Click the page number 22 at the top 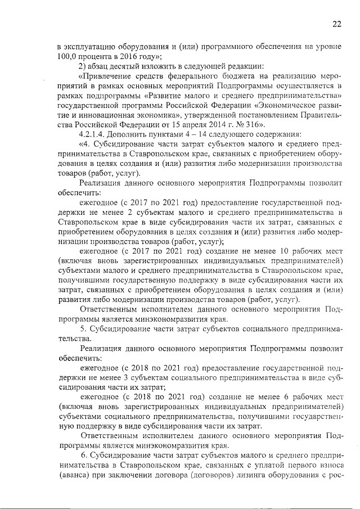[336, 23]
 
